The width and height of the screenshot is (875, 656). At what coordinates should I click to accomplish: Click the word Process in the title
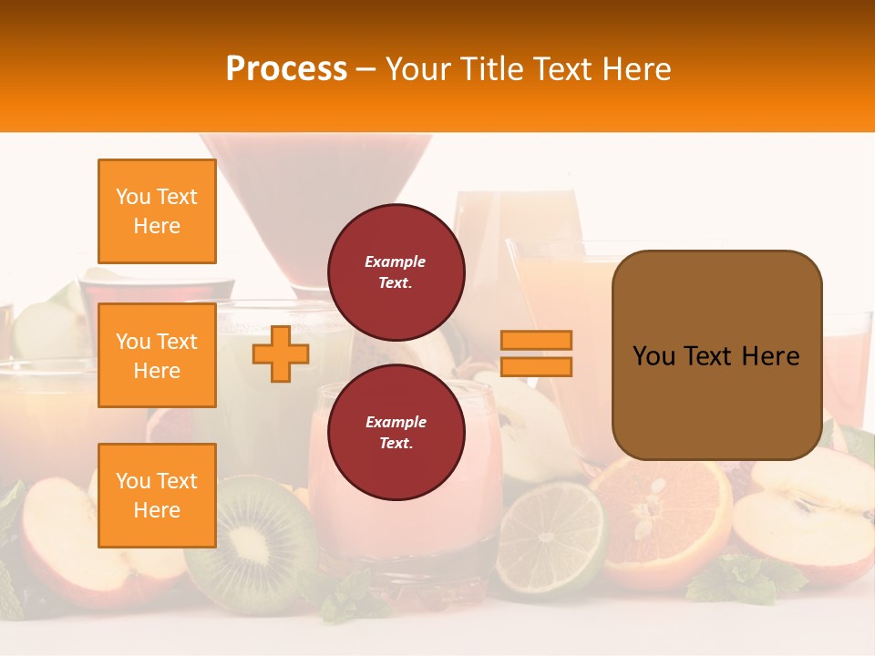click(x=286, y=69)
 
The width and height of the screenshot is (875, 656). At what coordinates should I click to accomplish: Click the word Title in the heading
click(x=493, y=69)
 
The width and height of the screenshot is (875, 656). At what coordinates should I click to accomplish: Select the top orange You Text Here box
click(x=157, y=211)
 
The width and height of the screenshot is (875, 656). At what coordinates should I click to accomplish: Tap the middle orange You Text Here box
click(x=157, y=355)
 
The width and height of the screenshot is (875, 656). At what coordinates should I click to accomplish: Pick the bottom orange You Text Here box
click(x=157, y=496)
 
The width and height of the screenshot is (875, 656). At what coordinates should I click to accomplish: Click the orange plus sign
click(x=281, y=354)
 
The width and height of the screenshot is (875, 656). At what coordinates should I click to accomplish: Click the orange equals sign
click(x=537, y=354)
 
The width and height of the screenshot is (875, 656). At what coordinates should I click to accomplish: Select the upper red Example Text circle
click(x=396, y=272)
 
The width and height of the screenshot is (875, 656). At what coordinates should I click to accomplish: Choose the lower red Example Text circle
click(x=396, y=432)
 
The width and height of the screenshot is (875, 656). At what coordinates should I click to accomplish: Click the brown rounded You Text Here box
click(x=716, y=355)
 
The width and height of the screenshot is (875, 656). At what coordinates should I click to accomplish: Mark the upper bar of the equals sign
click(x=537, y=341)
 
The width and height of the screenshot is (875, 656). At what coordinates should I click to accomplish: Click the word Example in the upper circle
click(x=396, y=261)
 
